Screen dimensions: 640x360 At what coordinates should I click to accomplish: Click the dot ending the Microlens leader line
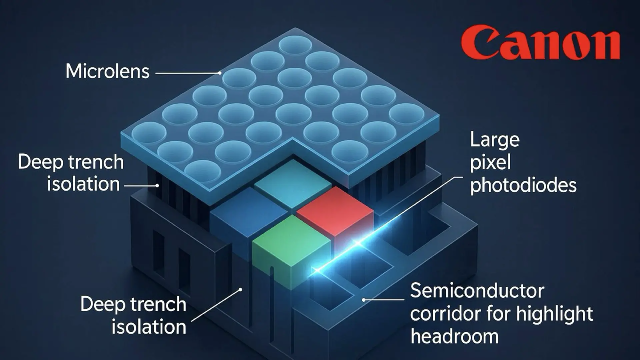click(220, 73)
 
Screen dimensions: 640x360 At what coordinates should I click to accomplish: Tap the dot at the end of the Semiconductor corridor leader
click(364, 300)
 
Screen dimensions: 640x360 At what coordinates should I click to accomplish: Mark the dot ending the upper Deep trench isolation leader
click(157, 186)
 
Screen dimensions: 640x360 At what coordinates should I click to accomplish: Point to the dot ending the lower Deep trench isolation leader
click(240, 290)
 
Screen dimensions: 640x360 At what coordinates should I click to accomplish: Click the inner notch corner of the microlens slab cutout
click(292, 138)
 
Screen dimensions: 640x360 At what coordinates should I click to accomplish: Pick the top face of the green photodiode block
click(292, 238)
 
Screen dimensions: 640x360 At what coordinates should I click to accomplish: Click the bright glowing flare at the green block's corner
click(316, 270)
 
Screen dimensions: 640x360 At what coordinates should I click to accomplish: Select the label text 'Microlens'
click(108, 71)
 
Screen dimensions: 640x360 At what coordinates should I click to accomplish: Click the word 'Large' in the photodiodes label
click(495, 140)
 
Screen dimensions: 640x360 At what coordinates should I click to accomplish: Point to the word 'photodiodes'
click(524, 185)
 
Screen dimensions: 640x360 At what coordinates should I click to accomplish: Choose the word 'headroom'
click(455, 336)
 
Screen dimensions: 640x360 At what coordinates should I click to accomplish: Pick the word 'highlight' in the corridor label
click(554, 314)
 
